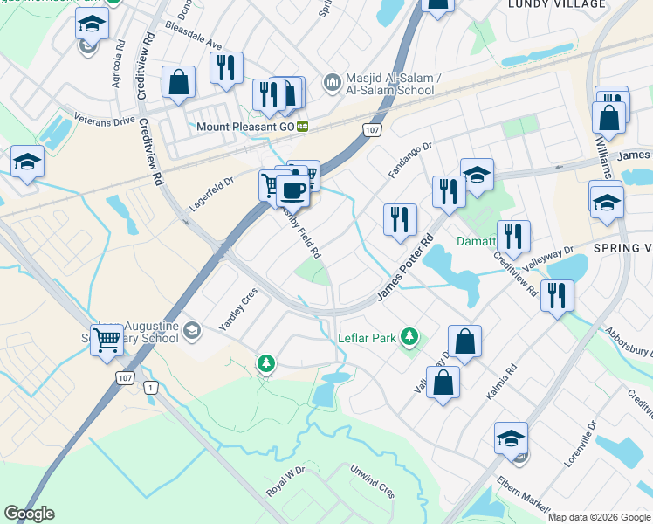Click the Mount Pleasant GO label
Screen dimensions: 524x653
coord(245,126)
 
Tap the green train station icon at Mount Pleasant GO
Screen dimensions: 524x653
coord(303,126)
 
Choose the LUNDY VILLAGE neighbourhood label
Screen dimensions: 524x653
coord(556,4)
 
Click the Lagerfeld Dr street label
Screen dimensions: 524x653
coord(213,195)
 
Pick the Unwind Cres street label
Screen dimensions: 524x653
coord(373,480)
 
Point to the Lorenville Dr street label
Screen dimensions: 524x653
coord(580,444)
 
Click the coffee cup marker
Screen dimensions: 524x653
coord(293,190)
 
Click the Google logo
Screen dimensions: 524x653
coord(29,514)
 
